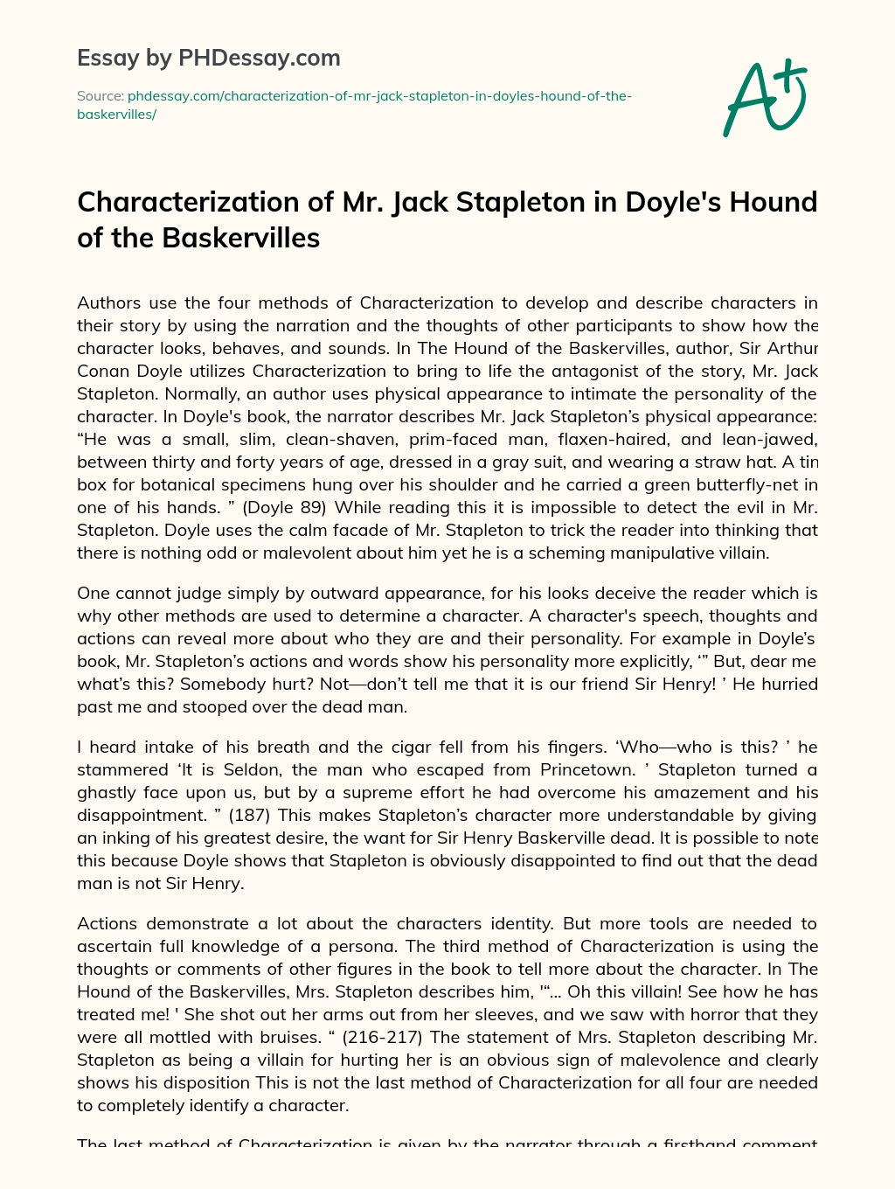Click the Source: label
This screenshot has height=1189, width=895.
[100, 96]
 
